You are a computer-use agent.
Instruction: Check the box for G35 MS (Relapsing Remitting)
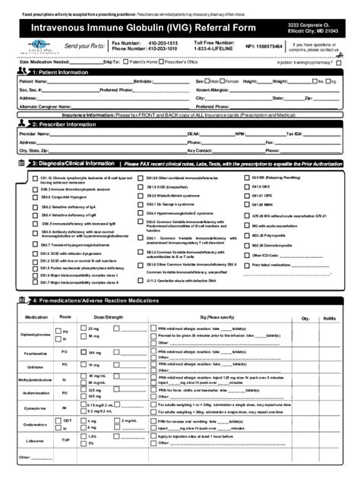245,177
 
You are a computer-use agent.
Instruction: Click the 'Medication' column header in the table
36,318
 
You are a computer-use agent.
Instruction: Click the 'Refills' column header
329,318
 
